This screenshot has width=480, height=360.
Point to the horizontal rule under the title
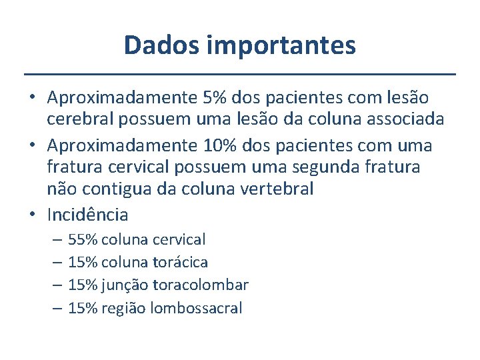click(x=240, y=73)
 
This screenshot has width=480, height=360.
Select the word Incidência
click(x=87, y=215)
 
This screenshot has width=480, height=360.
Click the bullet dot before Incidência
click(x=33, y=215)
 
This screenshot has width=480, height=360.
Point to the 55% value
click(x=83, y=239)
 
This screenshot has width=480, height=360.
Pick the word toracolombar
click(x=201, y=285)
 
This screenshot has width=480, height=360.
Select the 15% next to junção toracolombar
click(x=83, y=285)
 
